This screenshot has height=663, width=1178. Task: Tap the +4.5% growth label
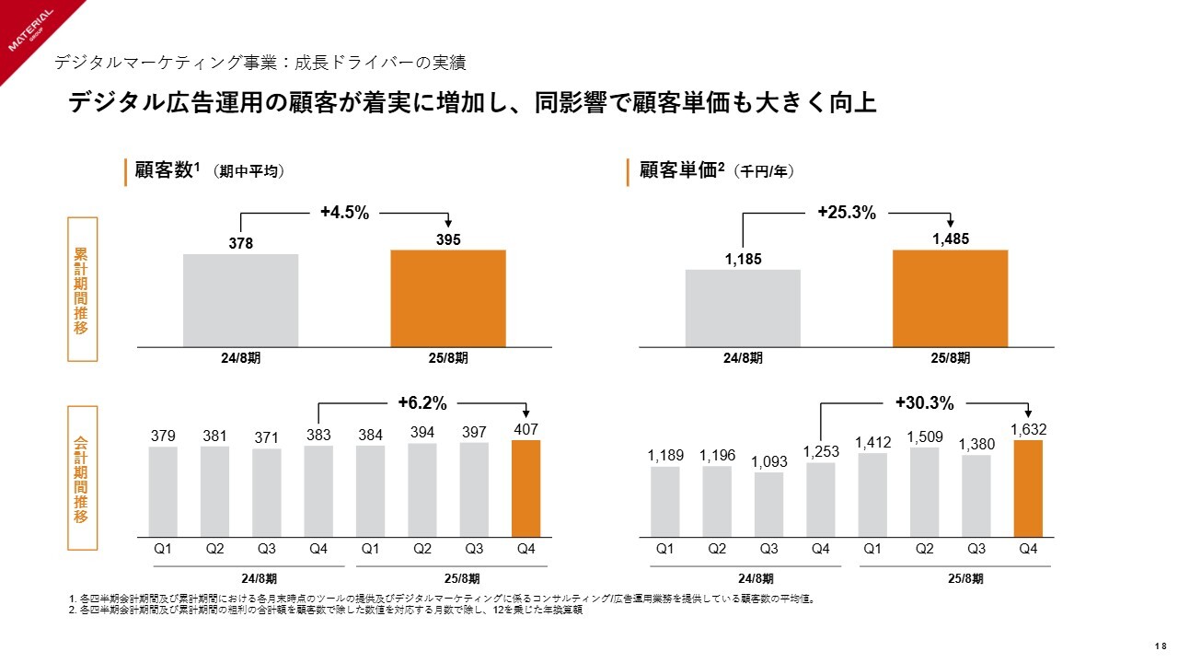[344, 213]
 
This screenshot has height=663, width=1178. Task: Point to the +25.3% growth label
[847, 213]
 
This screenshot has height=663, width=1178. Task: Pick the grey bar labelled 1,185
[743, 308]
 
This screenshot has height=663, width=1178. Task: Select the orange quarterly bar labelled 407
[525, 488]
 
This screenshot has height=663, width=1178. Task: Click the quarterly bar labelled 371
[267, 493]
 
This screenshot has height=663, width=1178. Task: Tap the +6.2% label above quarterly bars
[422, 402]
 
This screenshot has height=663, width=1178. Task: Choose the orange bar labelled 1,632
[1028, 488]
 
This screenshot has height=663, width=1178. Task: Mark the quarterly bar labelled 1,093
[768, 505]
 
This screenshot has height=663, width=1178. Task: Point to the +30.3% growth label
[924, 402]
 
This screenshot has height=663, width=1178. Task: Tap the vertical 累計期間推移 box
[81, 289]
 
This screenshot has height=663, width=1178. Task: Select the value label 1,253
[821, 451]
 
